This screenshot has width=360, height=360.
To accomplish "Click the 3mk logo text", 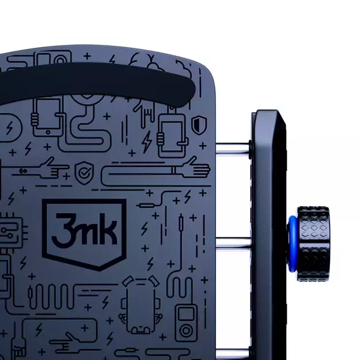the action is [84, 230].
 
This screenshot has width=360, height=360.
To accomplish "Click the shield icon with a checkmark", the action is [84, 173].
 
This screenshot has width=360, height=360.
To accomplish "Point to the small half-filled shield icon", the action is [199, 125].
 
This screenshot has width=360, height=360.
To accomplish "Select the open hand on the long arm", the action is [197, 168].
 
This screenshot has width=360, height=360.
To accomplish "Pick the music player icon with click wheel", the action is [186, 323].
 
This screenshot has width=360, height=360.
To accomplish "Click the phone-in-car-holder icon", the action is [141, 305].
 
